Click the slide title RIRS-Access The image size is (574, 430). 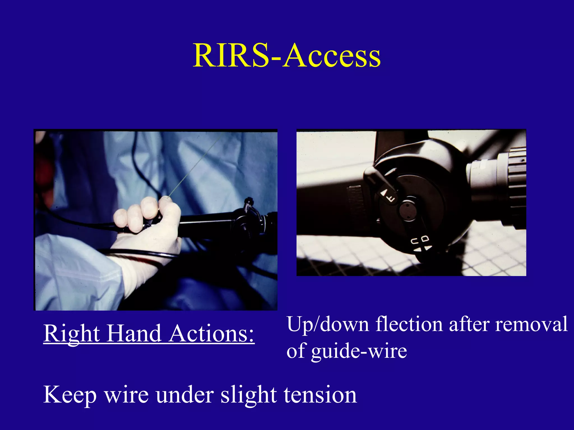pos(286,56)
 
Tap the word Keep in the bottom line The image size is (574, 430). pos(70,395)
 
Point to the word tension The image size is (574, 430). pos(320,394)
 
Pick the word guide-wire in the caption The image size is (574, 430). pos(359,351)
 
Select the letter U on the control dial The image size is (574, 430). pos(415,241)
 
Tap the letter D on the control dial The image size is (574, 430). pos(425,239)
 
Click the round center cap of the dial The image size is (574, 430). pos(408,211)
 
